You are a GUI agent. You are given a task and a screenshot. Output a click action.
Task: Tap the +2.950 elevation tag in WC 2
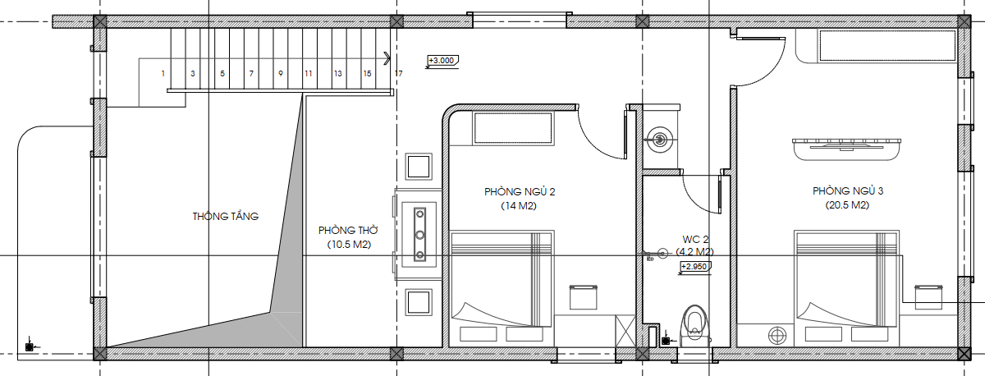(x=695, y=267)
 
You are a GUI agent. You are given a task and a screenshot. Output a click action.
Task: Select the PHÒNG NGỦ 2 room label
(x=520, y=192)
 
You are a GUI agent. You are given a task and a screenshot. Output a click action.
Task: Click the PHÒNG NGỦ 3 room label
(x=847, y=190)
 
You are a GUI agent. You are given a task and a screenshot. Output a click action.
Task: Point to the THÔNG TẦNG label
(x=225, y=217)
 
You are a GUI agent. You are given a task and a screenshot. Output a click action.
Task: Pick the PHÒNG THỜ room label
(x=348, y=231)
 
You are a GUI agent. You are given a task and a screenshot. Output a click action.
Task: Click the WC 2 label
(x=695, y=240)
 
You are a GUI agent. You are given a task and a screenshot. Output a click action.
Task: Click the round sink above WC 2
(x=660, y=140)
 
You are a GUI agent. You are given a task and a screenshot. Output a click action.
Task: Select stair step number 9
(x=281, y=73)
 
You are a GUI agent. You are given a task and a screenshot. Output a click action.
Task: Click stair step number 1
(x=163, y=73)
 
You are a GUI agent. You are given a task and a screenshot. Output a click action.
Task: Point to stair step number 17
(x=398, y=73)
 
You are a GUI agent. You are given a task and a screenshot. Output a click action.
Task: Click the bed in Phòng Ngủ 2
(x=502, y=286)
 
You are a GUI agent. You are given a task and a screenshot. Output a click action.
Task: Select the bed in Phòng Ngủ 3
(x=846, y=286)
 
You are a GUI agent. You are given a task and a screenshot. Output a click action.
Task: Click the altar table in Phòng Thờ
(x=419, y=235)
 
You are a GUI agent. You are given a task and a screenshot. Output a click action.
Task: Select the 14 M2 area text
(x=519, y=206)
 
